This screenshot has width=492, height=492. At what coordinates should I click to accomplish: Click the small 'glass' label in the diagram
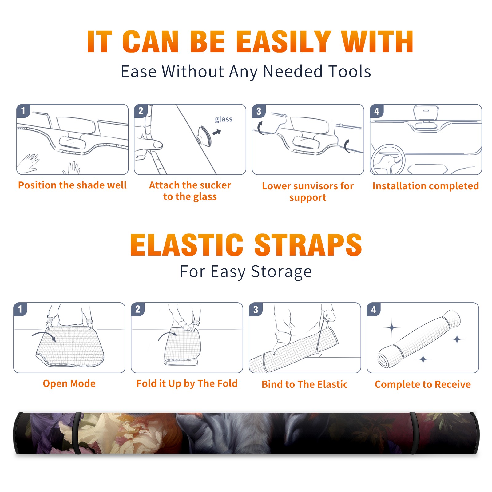224,119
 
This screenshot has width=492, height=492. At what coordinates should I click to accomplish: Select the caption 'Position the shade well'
72,185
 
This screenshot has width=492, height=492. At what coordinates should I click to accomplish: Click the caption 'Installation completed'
426,186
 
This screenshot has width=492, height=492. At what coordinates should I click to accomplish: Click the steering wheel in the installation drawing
388,160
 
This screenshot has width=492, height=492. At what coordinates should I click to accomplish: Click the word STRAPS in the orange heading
308,245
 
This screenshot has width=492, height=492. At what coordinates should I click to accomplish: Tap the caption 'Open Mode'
69,383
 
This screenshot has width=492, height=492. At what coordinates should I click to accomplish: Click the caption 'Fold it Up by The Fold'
187,384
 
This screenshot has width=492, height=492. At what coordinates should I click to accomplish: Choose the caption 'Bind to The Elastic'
305,384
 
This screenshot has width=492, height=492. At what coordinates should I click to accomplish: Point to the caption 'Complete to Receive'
423,384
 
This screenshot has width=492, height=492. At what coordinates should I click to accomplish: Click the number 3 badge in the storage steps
256,309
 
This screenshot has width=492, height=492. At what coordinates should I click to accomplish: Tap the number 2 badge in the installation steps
141,111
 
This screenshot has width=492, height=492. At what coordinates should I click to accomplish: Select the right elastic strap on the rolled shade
413,433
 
